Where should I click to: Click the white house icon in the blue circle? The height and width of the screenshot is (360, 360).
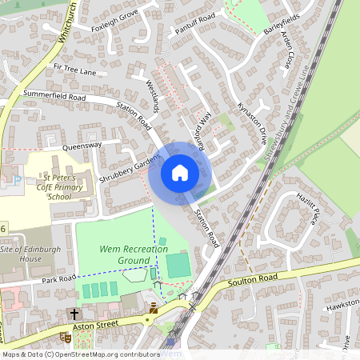click(179, 173)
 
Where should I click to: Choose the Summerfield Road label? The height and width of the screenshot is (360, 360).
click(54, 95)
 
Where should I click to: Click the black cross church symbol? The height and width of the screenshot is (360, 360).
click(75, 314)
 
